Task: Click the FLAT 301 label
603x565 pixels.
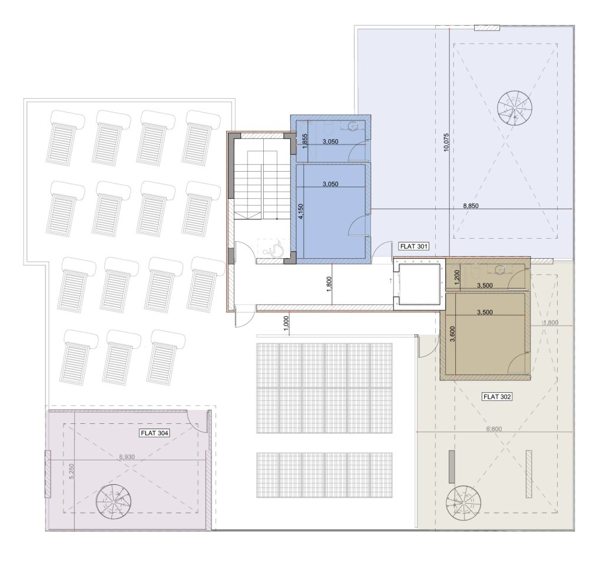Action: coord(413,246)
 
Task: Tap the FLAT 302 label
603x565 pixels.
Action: coord(497,396)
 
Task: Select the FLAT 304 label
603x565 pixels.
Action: coord(155,433)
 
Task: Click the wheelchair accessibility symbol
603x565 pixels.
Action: coord(274,250)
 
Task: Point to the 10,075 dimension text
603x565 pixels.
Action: coord(446,142)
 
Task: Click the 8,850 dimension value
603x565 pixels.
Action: coord(471,206)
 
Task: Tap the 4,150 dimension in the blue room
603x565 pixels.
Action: coord(301,212)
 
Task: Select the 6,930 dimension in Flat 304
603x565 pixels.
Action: coord(127,457)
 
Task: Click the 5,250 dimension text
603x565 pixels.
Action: coord(71,471)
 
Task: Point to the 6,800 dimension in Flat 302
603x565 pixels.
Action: coord(494,429)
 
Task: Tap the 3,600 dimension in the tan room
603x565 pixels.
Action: coord(452,333)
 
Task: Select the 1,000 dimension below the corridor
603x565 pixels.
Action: coord(286,323)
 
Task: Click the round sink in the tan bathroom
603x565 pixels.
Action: coord(500,269)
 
